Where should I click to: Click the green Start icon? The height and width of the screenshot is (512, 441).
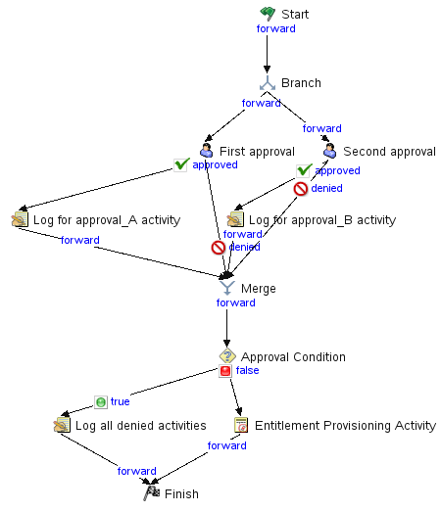[268, 14]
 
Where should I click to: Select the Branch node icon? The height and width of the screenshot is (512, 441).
[268, 83]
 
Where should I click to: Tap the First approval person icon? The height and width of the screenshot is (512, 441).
[206, 151]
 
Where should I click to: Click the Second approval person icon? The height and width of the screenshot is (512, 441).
[329, 151]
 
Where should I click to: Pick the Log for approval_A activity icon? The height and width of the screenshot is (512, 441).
[20, 219]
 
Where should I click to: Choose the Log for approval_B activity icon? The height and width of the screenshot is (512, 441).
[235, 219]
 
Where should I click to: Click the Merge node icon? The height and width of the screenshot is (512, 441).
[227, 288]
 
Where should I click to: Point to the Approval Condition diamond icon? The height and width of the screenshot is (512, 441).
[227, 356]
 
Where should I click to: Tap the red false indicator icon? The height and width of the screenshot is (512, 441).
[225, 371]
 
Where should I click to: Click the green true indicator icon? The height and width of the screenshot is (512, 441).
[101, 402]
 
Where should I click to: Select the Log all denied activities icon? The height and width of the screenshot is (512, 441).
[62, 425]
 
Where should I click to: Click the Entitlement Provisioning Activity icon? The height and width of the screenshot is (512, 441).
[241, 425]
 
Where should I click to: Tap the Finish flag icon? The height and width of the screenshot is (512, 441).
[151, 493]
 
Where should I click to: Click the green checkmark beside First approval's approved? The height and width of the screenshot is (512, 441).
[181, 164]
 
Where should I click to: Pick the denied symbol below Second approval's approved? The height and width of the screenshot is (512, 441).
[301, 189]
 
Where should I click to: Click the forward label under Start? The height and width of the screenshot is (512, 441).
[276, 28]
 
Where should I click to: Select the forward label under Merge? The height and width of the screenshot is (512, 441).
[236, 303]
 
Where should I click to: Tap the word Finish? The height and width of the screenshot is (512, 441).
[181, 493]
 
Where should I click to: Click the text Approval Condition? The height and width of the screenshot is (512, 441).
[293, 357]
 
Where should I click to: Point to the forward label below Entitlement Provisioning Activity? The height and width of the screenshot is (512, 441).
[227, 445]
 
